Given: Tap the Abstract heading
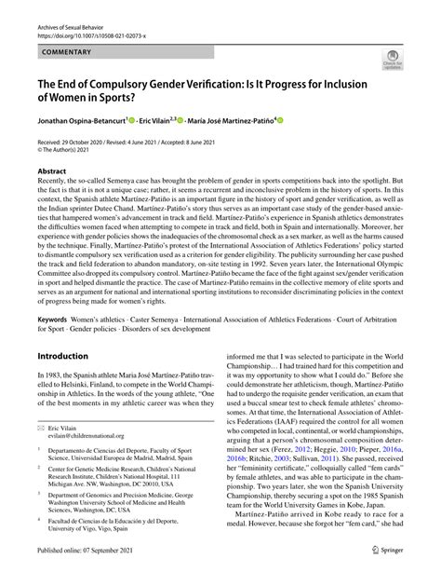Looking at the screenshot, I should (53, 173).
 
